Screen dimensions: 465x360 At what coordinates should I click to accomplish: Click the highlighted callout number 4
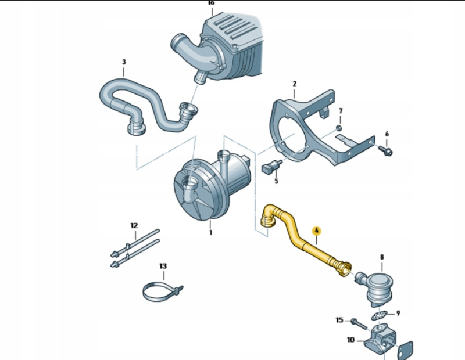coord(317,231)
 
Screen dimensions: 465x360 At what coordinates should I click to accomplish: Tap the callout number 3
coord(124,62)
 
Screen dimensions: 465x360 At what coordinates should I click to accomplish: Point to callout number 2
coord(294,84)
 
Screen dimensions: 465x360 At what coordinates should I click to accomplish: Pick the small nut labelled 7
coord(339,128)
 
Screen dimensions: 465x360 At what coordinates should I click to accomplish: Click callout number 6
coord(387,134)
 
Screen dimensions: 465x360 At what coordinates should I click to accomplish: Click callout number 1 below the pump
coord(210,233)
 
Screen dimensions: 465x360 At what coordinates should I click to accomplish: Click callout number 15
coord(339,320)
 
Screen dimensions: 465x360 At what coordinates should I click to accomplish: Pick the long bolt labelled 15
coord(359,324)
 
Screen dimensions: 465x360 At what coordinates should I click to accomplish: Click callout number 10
coord(350,340)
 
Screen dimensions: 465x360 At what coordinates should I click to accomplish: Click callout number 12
coord(134,225)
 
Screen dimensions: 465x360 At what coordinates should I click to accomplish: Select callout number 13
coord(163,266)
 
